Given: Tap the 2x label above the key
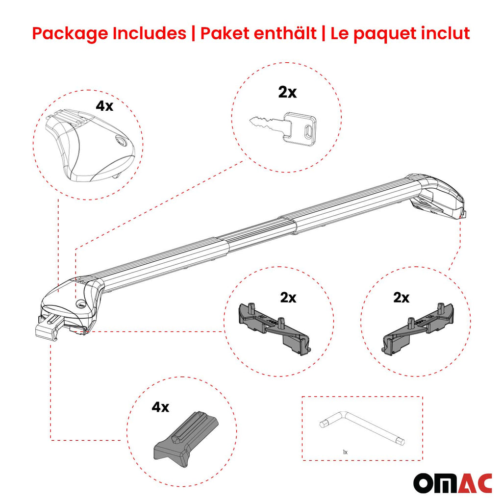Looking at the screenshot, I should (x=287, y=92).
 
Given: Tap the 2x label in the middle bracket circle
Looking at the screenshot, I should (x=288, y=298).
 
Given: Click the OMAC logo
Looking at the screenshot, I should (x=452, y=482).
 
